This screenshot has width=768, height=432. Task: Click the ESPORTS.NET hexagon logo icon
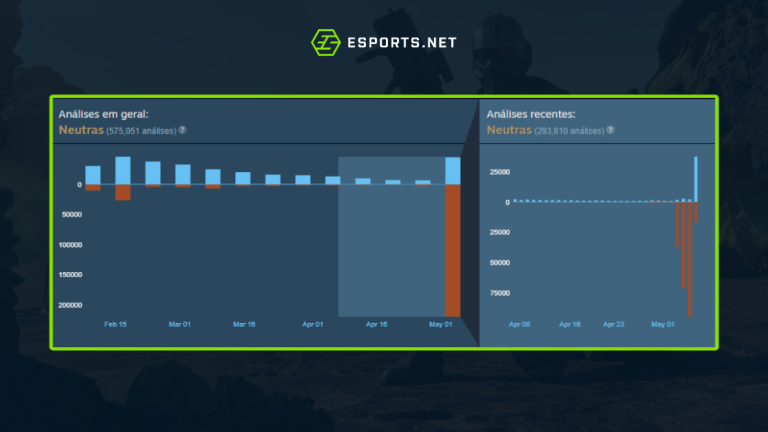pos(324,42)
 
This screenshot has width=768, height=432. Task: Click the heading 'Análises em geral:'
pos(104,114)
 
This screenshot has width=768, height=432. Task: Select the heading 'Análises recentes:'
pos(531,115)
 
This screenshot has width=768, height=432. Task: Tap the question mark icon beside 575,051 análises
pos(182,130)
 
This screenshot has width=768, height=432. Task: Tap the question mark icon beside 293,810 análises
pos(610,131)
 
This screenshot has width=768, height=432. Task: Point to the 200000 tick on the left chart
pos(71,305)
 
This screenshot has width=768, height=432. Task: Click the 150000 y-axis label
pos(71,275)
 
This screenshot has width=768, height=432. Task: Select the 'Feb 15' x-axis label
pos(115,324)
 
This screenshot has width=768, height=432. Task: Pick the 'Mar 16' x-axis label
pos(244,324)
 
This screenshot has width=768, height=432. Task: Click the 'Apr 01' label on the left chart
pos(313,324)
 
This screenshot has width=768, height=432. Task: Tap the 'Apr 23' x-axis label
pos(613,324)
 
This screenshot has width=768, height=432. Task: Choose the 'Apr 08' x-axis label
pos(520,324)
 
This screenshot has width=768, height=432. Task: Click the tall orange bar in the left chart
pos(452,250)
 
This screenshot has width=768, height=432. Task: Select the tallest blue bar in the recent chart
pos(696,179)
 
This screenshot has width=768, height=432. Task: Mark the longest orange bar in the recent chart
pos(689,259)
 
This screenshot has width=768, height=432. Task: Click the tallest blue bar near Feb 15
pos(123,170)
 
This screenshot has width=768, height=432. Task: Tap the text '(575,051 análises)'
pos(141,131)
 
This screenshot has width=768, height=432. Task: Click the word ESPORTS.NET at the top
pos(401,43)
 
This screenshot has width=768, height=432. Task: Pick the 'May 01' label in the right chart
pos(662,324)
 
